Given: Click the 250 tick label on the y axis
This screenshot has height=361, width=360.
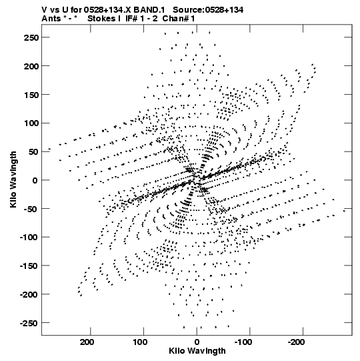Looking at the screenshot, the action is click(x=31, y=37).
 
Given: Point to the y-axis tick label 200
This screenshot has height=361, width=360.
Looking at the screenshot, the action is click(x=31, y=66).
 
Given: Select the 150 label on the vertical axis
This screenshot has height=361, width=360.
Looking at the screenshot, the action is click(x=31, y=95).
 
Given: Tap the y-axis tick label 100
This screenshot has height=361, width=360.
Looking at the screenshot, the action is click(x=31, y=123).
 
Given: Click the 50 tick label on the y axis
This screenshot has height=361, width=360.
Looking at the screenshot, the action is click(x=33, y=152).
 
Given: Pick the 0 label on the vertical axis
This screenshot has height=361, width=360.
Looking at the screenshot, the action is click(x=35, y=180).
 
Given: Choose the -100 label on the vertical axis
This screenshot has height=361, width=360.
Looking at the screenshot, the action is click(x=29, y=237).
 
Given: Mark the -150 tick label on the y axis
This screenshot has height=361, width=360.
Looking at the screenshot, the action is click(x=29, y=266).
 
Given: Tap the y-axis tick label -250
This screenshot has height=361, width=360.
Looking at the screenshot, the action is click(x=29, y=323).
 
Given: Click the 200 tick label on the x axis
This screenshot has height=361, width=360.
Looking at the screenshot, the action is click(x=87, y=342).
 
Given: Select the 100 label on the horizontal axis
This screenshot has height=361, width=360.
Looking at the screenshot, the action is click(x=140, y=342).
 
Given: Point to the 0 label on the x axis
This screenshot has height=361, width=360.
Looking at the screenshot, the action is click(x=197, y=342).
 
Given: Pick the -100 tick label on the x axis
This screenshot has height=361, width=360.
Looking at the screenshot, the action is click(x=243, y=342).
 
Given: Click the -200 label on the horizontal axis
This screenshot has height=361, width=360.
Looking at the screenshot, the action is click(x=297, y=342).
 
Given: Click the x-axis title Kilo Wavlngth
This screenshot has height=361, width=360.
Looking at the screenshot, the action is click(x=197, y=351).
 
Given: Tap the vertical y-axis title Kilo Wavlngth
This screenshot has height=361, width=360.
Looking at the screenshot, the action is click(x=13, y=179).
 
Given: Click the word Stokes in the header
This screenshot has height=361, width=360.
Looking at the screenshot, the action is click(x=101, y=19).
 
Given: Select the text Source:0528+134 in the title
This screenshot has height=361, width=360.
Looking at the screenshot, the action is click(x=208, y=10).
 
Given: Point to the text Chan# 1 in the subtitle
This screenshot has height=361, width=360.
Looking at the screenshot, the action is click(x=179, y=19).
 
